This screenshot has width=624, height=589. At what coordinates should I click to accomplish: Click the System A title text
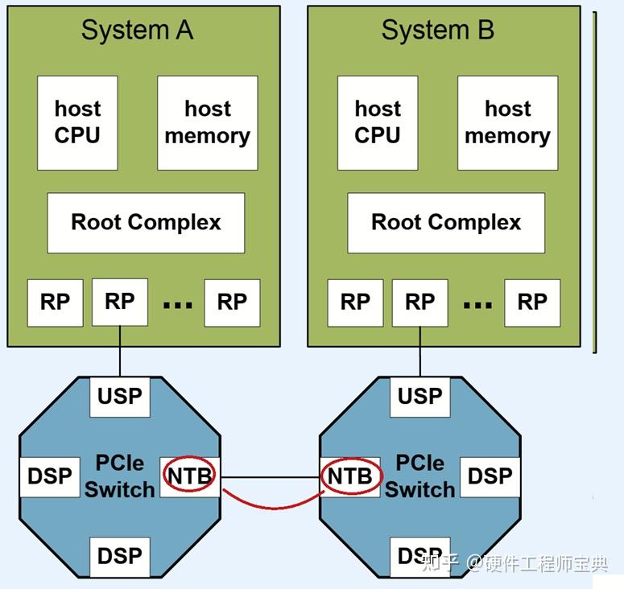138,31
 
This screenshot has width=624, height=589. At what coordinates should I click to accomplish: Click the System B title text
437,31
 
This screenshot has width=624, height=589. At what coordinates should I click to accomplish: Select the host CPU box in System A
77,122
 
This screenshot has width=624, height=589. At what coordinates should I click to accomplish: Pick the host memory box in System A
207,122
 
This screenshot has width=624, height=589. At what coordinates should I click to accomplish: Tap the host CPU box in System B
378,122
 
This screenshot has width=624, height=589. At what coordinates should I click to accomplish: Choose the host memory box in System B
507,122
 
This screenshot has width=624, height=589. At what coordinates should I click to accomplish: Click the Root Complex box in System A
146,222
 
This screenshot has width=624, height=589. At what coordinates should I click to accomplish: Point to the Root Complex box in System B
446,222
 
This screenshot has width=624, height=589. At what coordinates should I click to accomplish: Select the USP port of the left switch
120,397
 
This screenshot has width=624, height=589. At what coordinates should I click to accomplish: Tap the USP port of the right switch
419,397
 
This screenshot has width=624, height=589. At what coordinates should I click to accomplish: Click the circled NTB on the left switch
190,476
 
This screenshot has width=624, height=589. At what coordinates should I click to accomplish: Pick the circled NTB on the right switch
350,476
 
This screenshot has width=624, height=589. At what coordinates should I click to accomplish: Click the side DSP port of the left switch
49,476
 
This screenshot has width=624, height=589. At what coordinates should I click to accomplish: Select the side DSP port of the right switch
490,476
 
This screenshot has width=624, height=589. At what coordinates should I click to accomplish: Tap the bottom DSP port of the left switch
120,556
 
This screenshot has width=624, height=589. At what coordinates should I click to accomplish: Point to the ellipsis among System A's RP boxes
177,304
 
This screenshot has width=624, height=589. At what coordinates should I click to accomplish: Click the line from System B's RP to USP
419,350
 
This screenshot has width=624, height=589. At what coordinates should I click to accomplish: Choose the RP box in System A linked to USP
120,302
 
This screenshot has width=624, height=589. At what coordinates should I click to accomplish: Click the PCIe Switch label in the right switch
420,476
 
